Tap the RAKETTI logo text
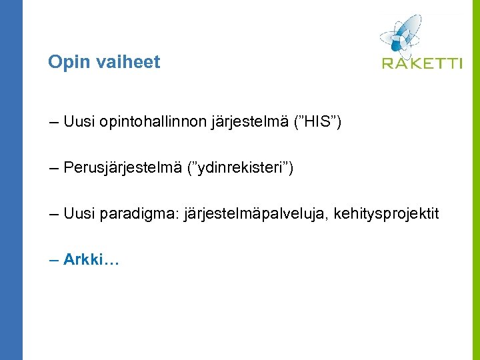pyautogui.click(x=421, y=63)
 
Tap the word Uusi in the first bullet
pyautogui.click(x=79, y=122)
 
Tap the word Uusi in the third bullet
pyautogui.click(x=79, y=214)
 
